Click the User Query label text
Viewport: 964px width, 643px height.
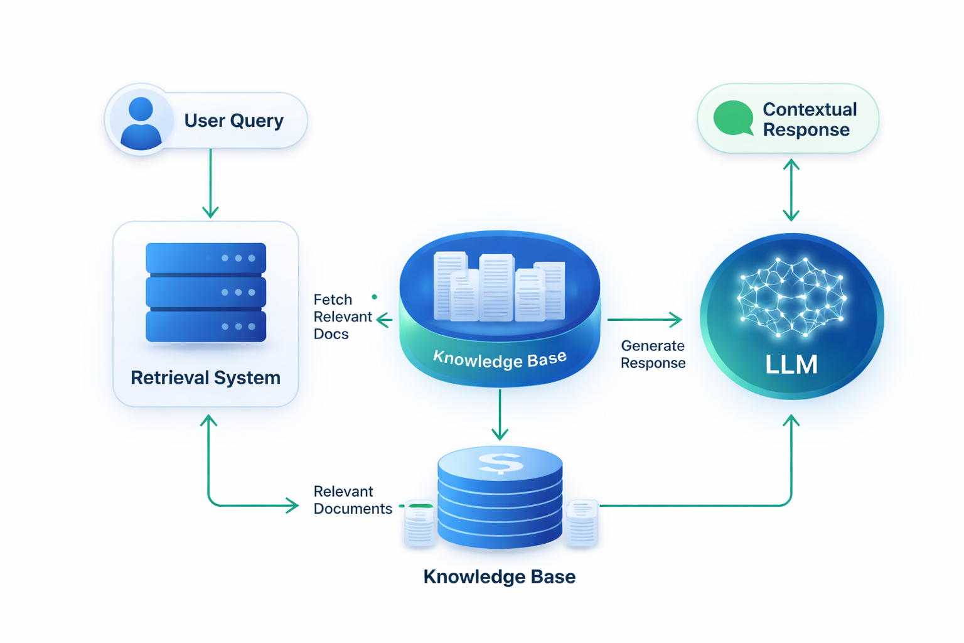pyautogui.click(x=233, y=120)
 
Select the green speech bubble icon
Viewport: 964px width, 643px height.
pyautogui.click(x=733, y=118)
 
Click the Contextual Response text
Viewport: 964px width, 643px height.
pyautogui.click(x=809, y=119)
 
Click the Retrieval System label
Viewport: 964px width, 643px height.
pyautogui.click(x=205, y=377)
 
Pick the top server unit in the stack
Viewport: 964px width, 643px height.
pyautogui.click(x=205, y=258)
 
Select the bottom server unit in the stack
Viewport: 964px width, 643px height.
pyautogui.click(x=205, y=327)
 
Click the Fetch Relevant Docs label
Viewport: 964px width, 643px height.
pyautogui.click(x=342, y=316)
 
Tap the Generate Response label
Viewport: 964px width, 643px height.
pyautogui.click(x=653, y=354)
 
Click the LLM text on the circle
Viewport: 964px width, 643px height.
pyautogui.click(x=791, y=364)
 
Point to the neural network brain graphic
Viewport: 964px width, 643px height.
pyautogui.click(x=791, y=296)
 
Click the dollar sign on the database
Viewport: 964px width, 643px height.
pyautogui.click(x=500, y=463)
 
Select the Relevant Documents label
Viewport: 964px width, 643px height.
pyautogui.click(x=352, y=500)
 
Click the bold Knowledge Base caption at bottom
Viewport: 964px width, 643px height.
pyautogui.click(x=499, y=576)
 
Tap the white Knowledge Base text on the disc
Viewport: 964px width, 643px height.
pyautogui.click(x=500, y=359)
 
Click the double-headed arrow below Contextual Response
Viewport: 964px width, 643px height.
pyautogui.click(x=791, y=190)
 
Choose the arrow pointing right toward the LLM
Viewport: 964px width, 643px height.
pyautogui.click(x=645, y=320)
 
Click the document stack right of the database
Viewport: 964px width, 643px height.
pyautogui.click(x=582, y=522)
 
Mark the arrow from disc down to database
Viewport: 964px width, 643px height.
pyautogui.click(x=500, y=414)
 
